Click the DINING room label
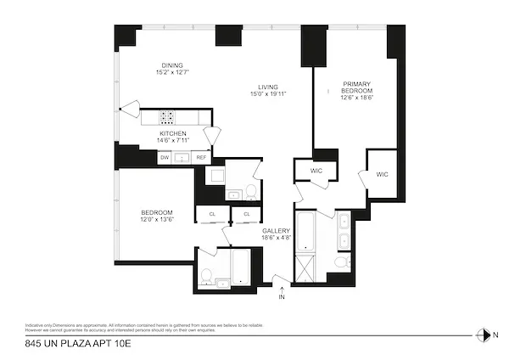pyautogui.click(x=174, y=65)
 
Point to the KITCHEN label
pyautogui.click(x=173, y=134)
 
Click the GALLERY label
pyautogui.click(x=277, y=231)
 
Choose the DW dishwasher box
pyautogui.click(x=165, y=158)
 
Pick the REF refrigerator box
pyautogui.click(x=201, y=158)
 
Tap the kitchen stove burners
pyautogui.click(x=168, y=118)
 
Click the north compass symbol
pyautogui.click(x=484, y=335)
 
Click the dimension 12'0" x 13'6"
pyautogui.click(x=157, y=220)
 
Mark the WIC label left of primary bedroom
pyautogui.click(x=316, y=171)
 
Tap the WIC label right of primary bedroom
pyautogui.click(x=382, y=174)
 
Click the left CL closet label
pyautogui.click(x=212, y=215)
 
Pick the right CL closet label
pyautogui.click(x=246, y=215)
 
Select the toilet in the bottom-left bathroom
pyautogui.click(x=206, y=276)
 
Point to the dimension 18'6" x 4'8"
pyautogui.click(x=277, y=239)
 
